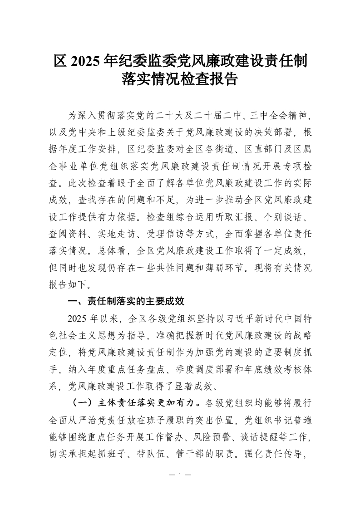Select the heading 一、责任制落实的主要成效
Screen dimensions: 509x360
(126, 301)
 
